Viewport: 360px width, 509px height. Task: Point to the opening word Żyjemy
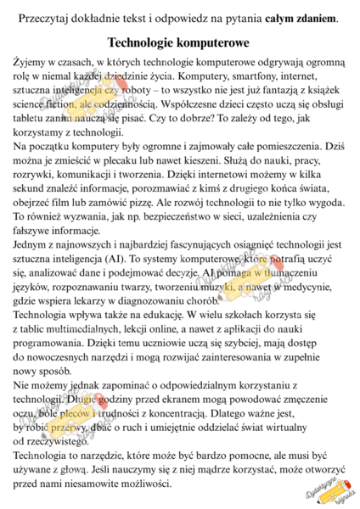(31, 63)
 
